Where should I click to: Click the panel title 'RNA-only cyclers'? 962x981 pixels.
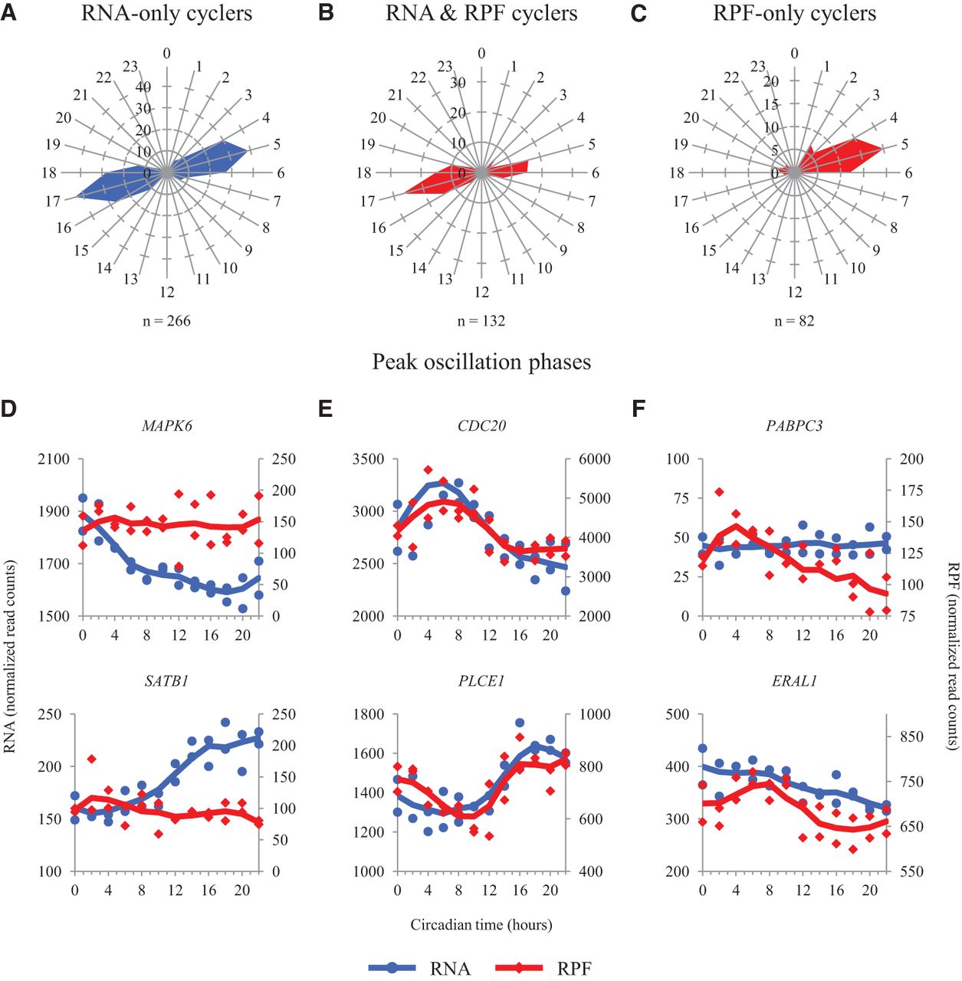(166, 14)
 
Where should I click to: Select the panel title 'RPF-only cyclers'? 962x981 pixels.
(794, 14)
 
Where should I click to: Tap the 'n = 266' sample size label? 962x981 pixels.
(166, 321)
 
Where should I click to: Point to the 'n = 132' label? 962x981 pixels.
(481, 321)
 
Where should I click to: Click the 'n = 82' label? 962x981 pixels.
(794, 321)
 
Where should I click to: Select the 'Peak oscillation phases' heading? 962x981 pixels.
(481, 362)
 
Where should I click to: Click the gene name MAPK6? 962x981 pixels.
(167, 426)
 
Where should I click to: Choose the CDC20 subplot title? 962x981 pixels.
(481, 426)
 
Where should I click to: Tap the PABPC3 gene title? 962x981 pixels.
(794, 426)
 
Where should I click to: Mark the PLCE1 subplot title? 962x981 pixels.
(481, 681)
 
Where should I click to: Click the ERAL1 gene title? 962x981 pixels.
(794, 681)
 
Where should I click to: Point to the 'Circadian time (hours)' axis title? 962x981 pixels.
(481, 924)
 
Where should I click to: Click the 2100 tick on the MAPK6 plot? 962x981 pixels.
(53, 460)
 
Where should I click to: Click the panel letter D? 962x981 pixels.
(8, 408)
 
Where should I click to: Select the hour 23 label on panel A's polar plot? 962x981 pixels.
(130, 67)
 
